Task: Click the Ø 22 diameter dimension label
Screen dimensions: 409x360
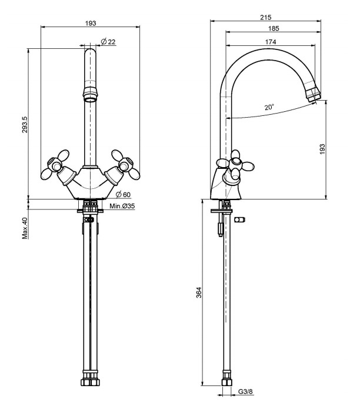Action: click(108, 41)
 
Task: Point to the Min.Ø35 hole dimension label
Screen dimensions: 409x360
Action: click(123, 207)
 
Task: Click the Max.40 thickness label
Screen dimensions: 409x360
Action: click(25, 228)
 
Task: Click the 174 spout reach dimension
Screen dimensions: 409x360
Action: click(270, 42)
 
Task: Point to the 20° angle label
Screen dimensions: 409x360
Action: click(269, 107)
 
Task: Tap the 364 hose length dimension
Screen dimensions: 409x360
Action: click(199, 292)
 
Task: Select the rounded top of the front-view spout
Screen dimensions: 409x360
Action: click(90, 54)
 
